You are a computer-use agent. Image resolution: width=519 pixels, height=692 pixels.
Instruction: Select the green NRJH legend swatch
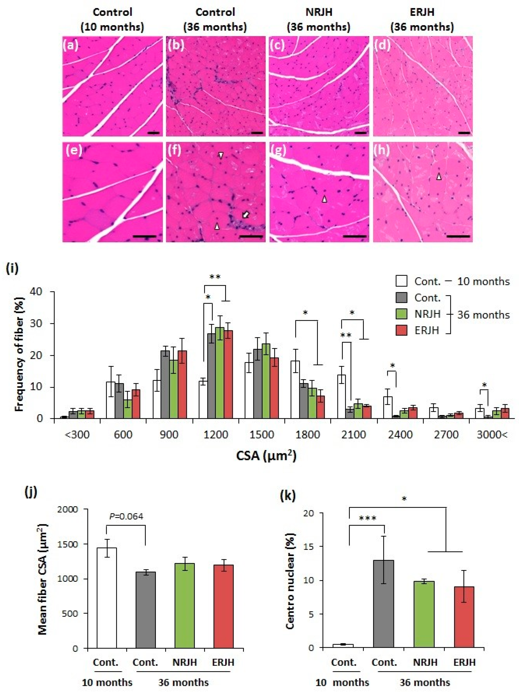pyautogui.click(x=401, y=314)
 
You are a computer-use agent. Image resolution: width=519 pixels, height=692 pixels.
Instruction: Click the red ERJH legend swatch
pyautogui.click(x=401, y=330)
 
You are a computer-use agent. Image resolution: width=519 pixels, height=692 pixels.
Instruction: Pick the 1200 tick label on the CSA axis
pyautogui.click(x=215, y=435)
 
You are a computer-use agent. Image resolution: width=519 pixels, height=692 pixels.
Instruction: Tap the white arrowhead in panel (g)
pyautogui.click(x=324, y=199)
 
